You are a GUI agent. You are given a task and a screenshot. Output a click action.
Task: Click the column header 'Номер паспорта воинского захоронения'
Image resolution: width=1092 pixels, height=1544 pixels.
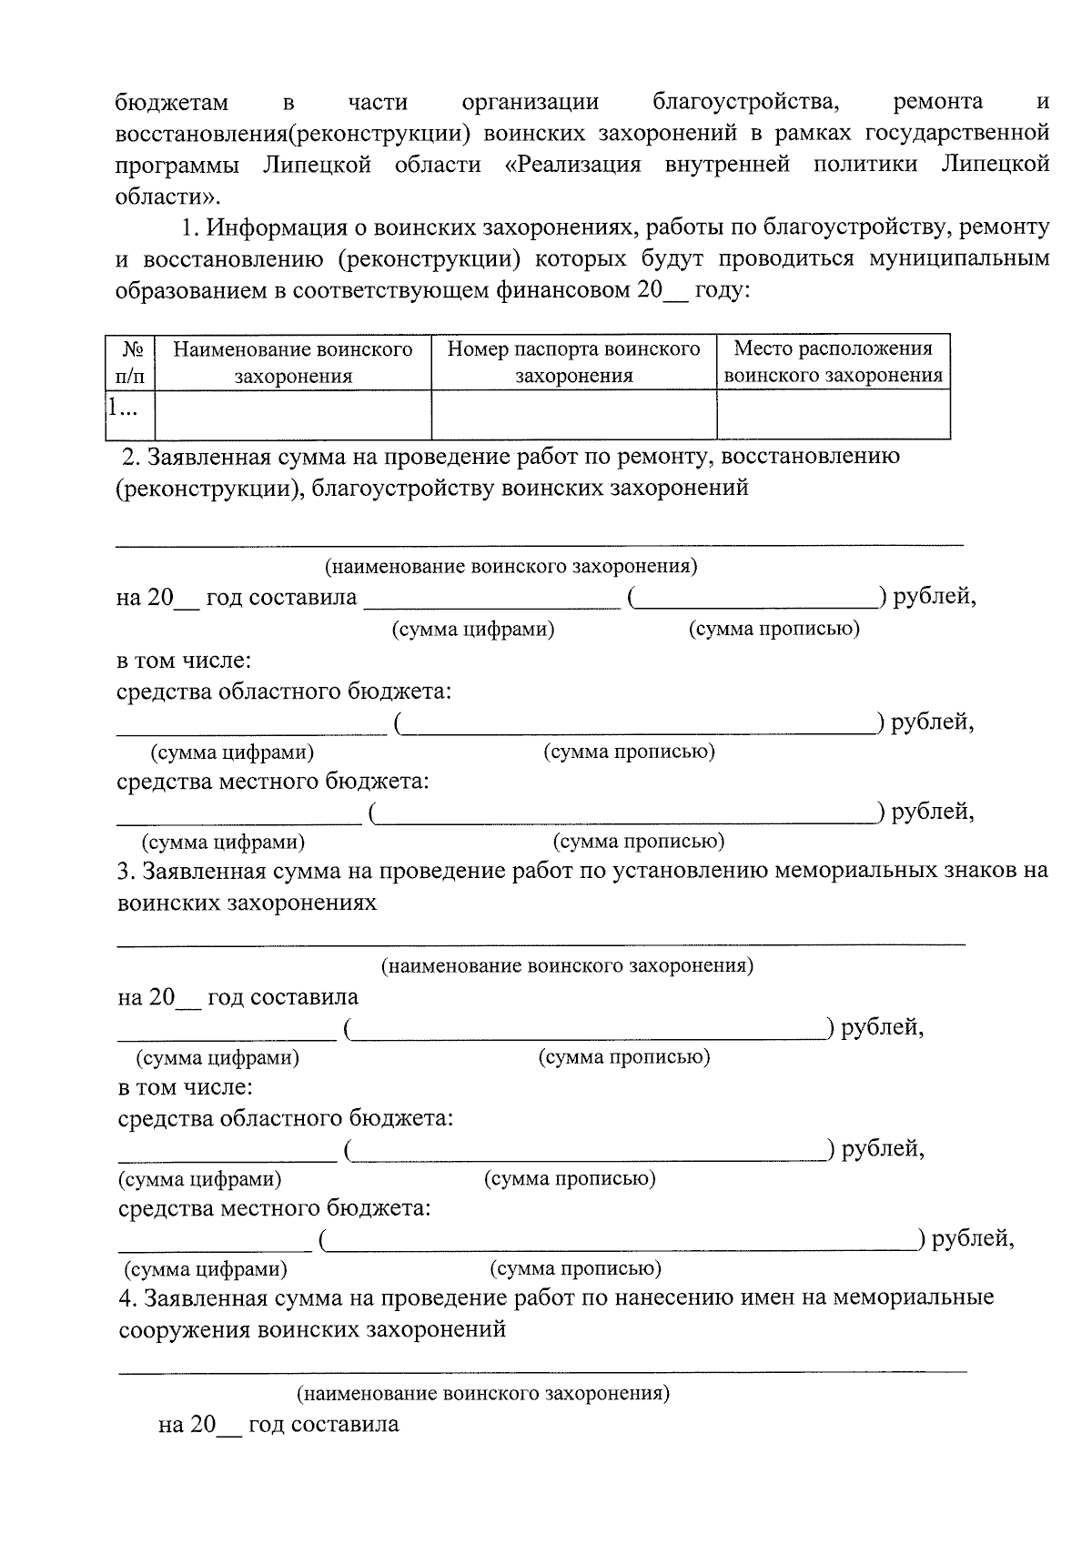click(573, 362)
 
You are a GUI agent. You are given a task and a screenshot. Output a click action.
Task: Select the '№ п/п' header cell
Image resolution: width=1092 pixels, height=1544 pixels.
click(130, 362)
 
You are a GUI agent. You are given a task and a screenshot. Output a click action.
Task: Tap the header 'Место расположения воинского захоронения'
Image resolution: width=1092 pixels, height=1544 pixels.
click(833, 362)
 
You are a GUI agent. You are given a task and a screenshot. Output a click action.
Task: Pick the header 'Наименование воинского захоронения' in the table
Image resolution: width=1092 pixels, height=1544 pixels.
click(293, 362)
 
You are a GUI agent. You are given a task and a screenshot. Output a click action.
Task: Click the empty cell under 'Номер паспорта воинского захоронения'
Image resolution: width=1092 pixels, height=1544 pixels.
click(573, 415)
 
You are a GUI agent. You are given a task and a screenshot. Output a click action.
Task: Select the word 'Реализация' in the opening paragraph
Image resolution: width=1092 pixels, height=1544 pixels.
click(579, 165)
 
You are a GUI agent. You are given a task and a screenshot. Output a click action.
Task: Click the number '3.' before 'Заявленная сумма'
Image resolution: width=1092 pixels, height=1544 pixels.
click(126, 871)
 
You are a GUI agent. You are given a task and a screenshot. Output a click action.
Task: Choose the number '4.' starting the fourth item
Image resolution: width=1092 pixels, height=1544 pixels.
click(128, 1297)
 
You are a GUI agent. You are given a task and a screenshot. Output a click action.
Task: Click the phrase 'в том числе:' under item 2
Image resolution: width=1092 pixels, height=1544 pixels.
click(184, 661)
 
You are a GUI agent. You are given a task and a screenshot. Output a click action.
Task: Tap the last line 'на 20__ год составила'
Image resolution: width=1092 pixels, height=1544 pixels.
click(278, 1424)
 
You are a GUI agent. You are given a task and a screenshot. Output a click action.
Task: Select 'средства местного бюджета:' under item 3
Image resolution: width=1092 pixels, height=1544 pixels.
click(275, 1208)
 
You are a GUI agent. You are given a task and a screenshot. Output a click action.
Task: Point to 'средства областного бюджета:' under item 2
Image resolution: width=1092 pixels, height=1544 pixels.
click(285, 691)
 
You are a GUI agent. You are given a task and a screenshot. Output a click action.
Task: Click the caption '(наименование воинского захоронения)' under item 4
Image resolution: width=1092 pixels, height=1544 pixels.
click(483, 1393)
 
